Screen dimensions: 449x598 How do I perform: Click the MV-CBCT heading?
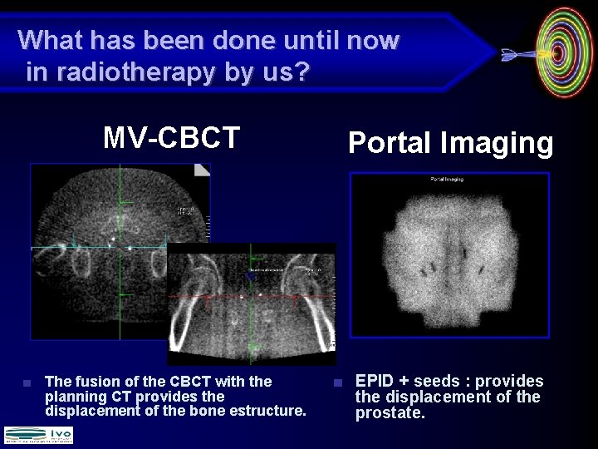point(171,137)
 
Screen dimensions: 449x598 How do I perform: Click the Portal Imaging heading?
point(449,143)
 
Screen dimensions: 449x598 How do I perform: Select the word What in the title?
point(49,40)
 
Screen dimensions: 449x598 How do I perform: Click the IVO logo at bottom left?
point(38,435)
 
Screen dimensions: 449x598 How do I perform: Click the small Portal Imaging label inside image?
point(447,179)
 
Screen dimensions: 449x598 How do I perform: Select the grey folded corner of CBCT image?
point(202,170)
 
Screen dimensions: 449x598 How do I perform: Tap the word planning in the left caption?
point(71,397)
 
